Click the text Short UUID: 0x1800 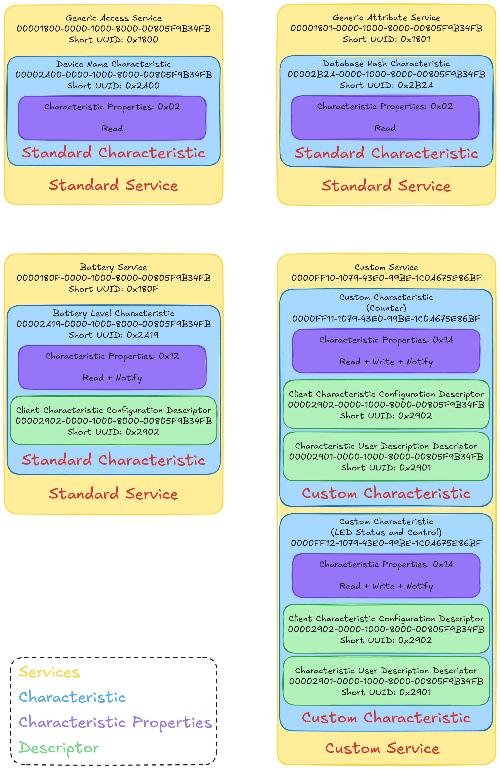113,40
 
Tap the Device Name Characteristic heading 113,64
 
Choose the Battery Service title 113,267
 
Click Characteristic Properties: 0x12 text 112,356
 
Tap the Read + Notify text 112,378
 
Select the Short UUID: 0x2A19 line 113,335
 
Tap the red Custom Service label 382,748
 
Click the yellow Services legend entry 49,672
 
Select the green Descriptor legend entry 59,748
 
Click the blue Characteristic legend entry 72,697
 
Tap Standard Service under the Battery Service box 113,494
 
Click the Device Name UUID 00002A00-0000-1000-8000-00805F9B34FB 113,75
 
